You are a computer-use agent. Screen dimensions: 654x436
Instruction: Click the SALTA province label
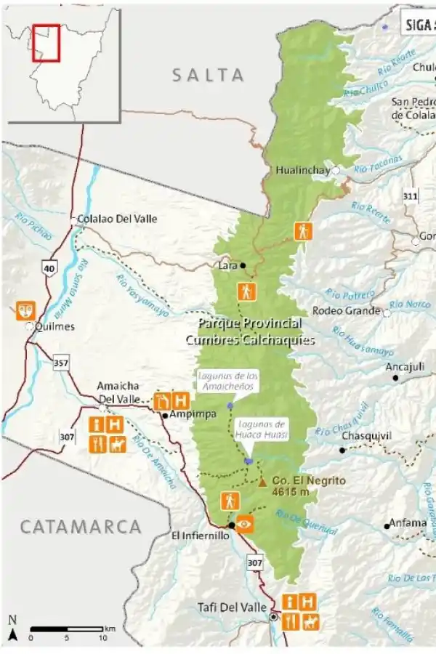(x=208, y=74)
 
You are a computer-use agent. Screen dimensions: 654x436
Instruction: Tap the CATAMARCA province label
(x=81, y=527)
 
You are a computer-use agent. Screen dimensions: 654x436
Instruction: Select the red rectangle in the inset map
(x=45, y=43)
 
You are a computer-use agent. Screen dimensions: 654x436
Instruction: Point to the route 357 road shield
(x=61, y=362)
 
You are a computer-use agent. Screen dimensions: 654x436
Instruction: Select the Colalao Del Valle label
(x=117, y=219)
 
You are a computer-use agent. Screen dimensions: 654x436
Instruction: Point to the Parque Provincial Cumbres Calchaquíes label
(x=249, y=331)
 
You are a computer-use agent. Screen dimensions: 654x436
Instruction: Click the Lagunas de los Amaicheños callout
(x=227, y=380)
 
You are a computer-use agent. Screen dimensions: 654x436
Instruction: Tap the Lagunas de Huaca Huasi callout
(x=262, y=429)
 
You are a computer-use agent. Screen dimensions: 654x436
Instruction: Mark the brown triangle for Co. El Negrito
(x=262, y=481)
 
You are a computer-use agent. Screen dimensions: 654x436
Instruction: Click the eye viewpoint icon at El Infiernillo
(x=246, y=523)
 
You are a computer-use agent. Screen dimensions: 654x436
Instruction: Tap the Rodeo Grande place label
(x=346, y=311)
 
